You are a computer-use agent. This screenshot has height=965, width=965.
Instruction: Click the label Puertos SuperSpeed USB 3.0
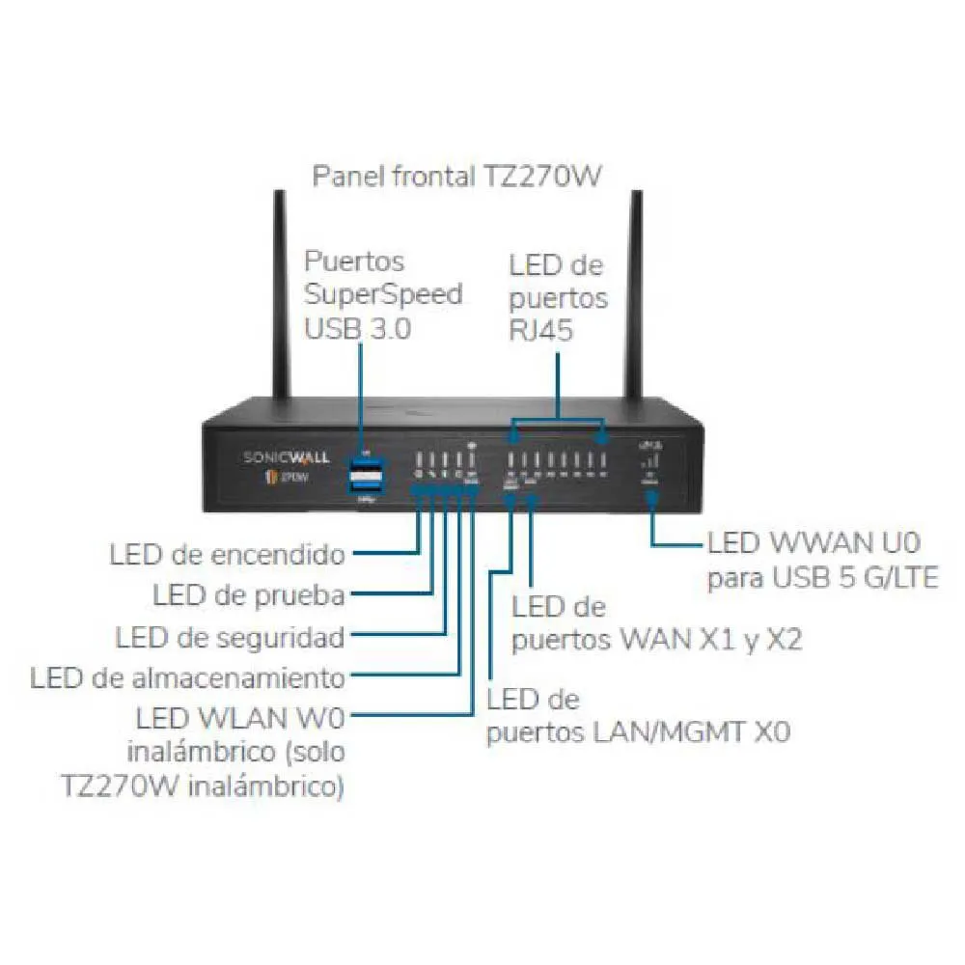[383, 294]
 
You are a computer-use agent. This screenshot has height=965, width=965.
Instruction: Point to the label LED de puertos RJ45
[558, 296]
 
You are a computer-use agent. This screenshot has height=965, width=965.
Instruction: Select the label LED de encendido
[227, 555]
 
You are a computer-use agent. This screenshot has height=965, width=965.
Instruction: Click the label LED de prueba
[249, 595]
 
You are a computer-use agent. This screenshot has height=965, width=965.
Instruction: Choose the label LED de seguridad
[230, 637]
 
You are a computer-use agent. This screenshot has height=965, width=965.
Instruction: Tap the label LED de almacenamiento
[187, 677]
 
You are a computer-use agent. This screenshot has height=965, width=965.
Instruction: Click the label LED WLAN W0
[240, 717]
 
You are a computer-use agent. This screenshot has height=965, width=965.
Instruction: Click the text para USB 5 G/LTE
[822, 579]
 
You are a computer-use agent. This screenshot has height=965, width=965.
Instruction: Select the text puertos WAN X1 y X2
[656, 640]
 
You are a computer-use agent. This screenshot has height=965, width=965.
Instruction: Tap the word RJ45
[541, 331]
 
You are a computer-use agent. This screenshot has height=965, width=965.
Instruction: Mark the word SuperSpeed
[383, 294]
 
